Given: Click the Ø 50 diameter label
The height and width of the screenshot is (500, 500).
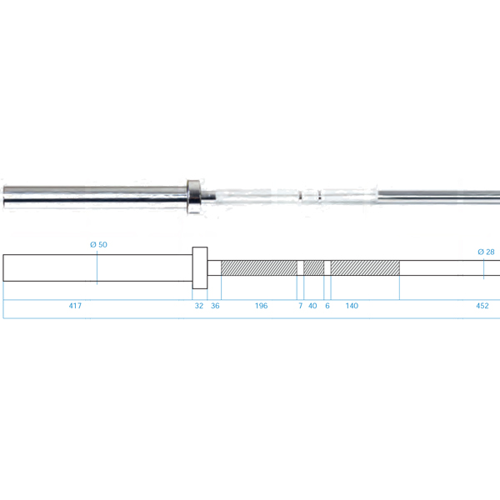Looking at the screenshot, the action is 98,244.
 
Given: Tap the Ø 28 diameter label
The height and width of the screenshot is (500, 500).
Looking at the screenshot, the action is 486,252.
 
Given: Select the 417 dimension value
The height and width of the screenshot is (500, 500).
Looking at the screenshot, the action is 75,306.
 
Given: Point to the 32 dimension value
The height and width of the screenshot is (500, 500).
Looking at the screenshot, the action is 199,306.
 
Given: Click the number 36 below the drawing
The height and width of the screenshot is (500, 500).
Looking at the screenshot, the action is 215,306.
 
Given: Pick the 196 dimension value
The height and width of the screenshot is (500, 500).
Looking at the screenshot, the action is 261,306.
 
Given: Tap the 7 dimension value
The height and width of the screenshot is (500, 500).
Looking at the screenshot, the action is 300,306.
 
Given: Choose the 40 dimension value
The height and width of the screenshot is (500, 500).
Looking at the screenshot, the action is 312,306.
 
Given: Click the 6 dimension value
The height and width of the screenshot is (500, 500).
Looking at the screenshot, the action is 327,306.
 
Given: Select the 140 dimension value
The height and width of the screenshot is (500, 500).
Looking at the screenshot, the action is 352,306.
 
